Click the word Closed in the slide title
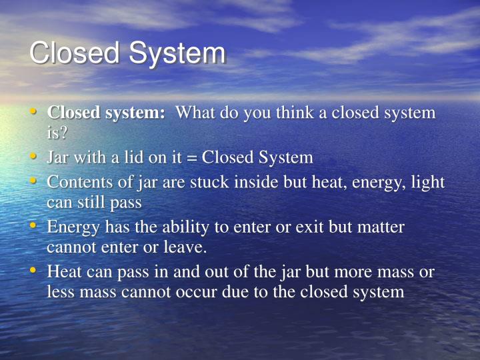(x=74, y=54)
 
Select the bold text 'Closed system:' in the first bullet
(x=106, y=113)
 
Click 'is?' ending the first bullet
(x=57, y=131)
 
